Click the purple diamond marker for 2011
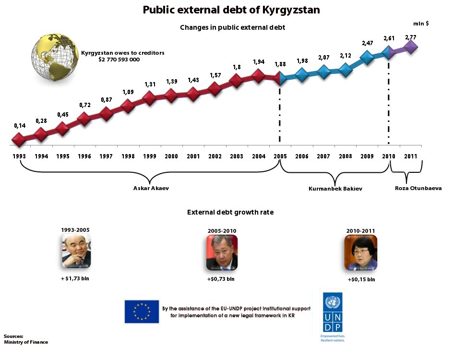[411, 47]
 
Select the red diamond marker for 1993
[19, 140]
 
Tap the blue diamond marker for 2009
[367, 58]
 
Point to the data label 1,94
[258, 62]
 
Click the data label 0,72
[84, 104]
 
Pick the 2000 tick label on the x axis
[171, 156]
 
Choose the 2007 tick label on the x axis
[323, 156]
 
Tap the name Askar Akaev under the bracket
[151, 188]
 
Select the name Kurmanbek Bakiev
[335, 189]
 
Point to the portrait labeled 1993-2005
[76, 251]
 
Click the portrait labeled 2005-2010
[221, 252]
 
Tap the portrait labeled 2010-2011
[360, 252]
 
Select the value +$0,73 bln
[221, 279]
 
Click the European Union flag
[142, 312]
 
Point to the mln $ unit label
[421, 24]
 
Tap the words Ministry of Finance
[26, 342]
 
